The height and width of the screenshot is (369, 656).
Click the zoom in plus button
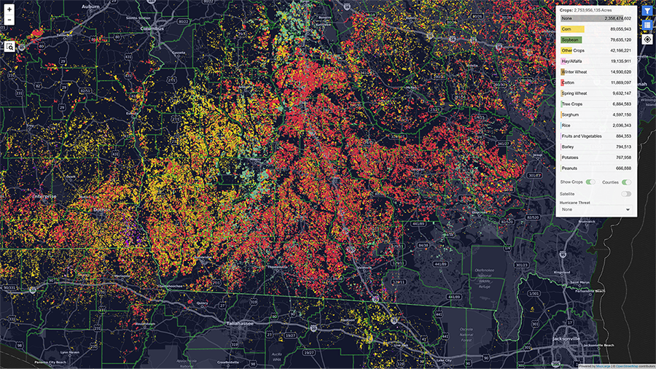click(x=9, y=9)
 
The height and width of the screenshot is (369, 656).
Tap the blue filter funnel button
click(x=647, y=10)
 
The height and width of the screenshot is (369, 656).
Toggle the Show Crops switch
click(x=590, y=182)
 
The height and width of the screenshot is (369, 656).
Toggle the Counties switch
click(x=626, y=182)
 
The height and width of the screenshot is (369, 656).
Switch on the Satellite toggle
click(x=626, y=193)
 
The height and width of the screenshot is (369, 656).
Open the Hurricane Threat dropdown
click(x=596, y=209)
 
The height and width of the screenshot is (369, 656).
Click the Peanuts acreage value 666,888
click(x=620, y=168)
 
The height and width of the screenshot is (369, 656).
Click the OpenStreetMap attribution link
click(x=630, y=365)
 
